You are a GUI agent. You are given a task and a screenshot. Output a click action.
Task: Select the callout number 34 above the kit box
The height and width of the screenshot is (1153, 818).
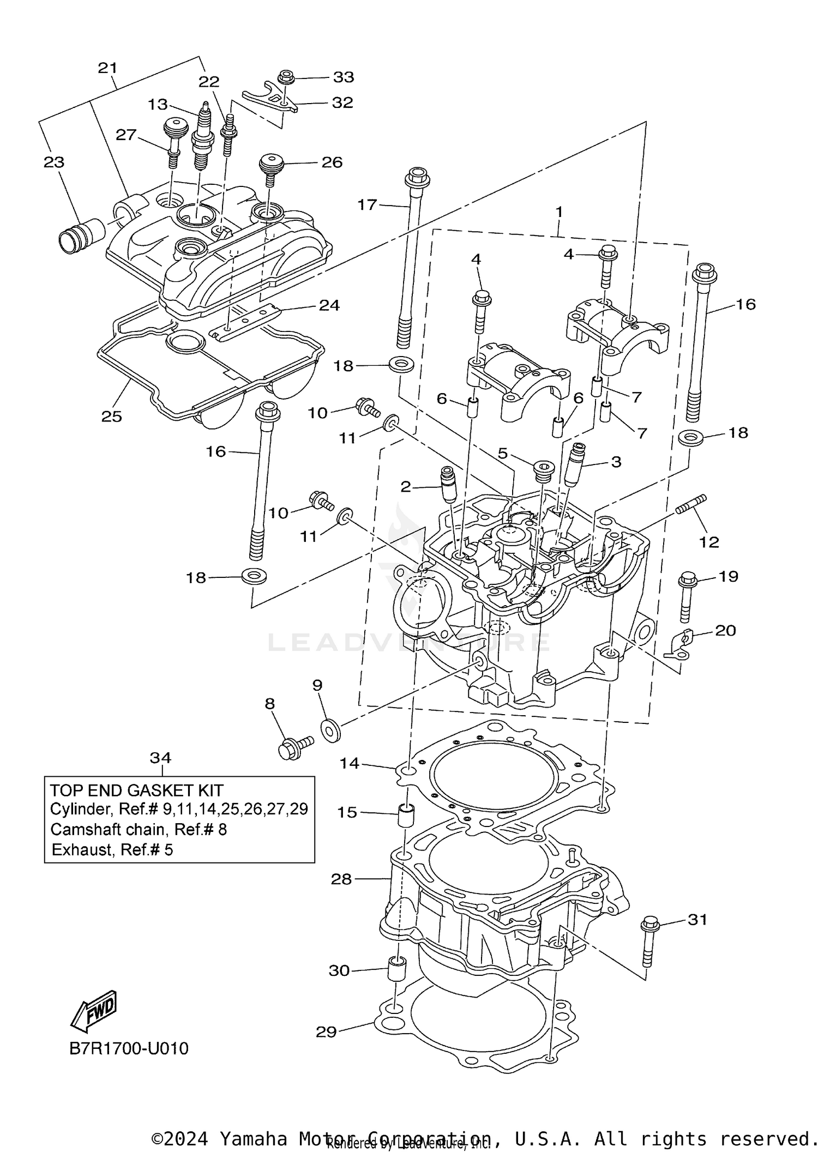click(x=160, y=757)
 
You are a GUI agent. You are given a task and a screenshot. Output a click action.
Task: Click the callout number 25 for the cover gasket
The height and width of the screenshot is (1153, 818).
click(x=112, y=416)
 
